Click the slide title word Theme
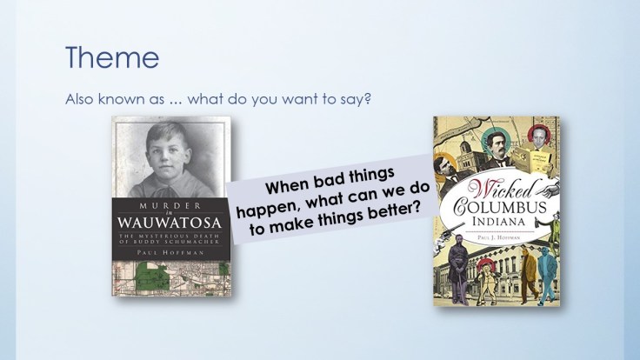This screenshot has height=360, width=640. coord(112,58)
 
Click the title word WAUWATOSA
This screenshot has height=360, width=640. coord(167,224)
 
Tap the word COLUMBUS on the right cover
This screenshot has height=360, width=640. coord(502,207)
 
